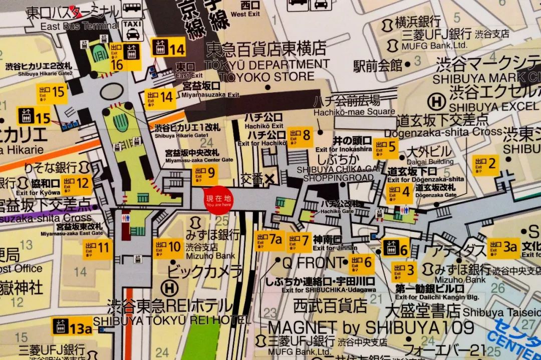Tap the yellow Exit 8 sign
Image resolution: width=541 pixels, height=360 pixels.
tap(300, 136)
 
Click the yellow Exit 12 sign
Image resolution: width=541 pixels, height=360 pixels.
tap(76, 184)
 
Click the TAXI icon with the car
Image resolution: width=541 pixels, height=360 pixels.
tap(132, 30)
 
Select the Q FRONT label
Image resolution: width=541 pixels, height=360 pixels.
tap(314, 262)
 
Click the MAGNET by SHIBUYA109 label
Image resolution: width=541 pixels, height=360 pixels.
tap(371, 327)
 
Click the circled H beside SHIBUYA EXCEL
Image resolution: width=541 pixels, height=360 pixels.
tap(438, 101)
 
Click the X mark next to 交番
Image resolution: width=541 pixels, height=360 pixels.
tap(270, 178)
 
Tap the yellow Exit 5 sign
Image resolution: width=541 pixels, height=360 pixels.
tap(385, 148)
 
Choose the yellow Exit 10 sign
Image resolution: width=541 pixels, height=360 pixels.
tap(168, 248)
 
